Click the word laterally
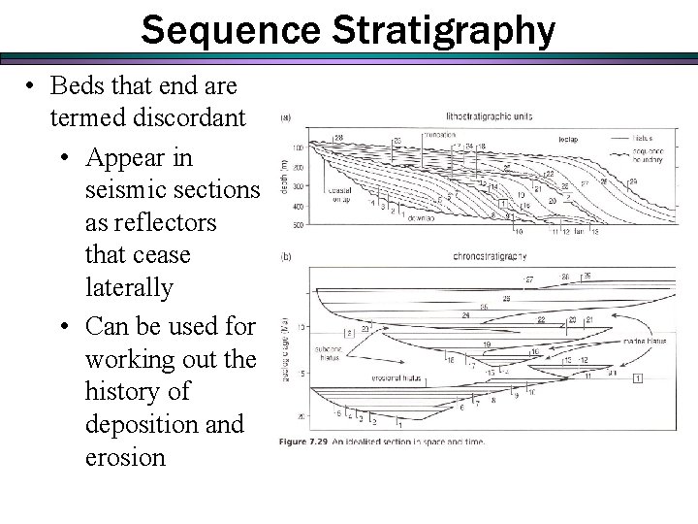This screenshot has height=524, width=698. pyautogui.click(x=129, y=288)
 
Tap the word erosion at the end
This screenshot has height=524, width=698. pyautogui.click(x=125, y=457)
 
